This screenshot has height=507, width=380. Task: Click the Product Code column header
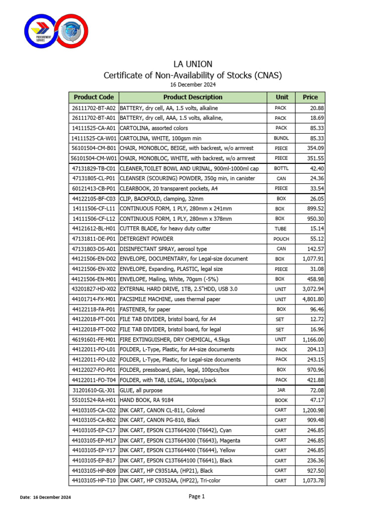tap(94, 98)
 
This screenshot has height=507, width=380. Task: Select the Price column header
tap(310, 98)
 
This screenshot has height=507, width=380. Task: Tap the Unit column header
tap(281, 98)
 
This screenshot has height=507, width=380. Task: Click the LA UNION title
tap(192, 64)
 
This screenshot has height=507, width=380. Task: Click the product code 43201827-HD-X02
tap(94, 289)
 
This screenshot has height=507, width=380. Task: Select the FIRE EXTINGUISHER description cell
tap(175, 340)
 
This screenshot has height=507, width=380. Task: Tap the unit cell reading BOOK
tap(281, 400)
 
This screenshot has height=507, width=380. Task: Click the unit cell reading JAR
tap(281, 390)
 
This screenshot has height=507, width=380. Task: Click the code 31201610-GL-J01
tap(94, 390)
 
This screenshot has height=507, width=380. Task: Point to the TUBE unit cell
tap(281, 229)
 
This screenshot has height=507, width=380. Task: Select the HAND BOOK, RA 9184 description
tap(153, 400)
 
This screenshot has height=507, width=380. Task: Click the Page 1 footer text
tap(196, 497)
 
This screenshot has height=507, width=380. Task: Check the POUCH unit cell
tap(281, 239)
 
